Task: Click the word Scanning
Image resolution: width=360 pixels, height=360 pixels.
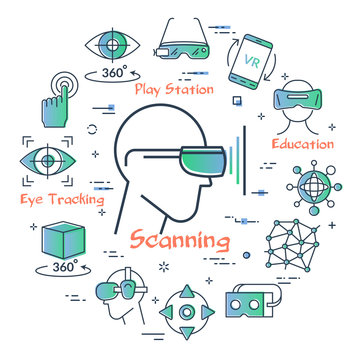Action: click(177, 241)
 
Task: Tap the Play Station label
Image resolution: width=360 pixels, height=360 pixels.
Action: click(175, 90)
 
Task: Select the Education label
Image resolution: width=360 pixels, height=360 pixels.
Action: click(302, 144)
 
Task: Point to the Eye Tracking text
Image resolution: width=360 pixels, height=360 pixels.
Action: click(62, 200)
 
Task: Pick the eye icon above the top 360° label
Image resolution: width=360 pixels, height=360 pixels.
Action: click(111, 44)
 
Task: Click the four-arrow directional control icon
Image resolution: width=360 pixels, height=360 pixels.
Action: click(186, 313)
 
